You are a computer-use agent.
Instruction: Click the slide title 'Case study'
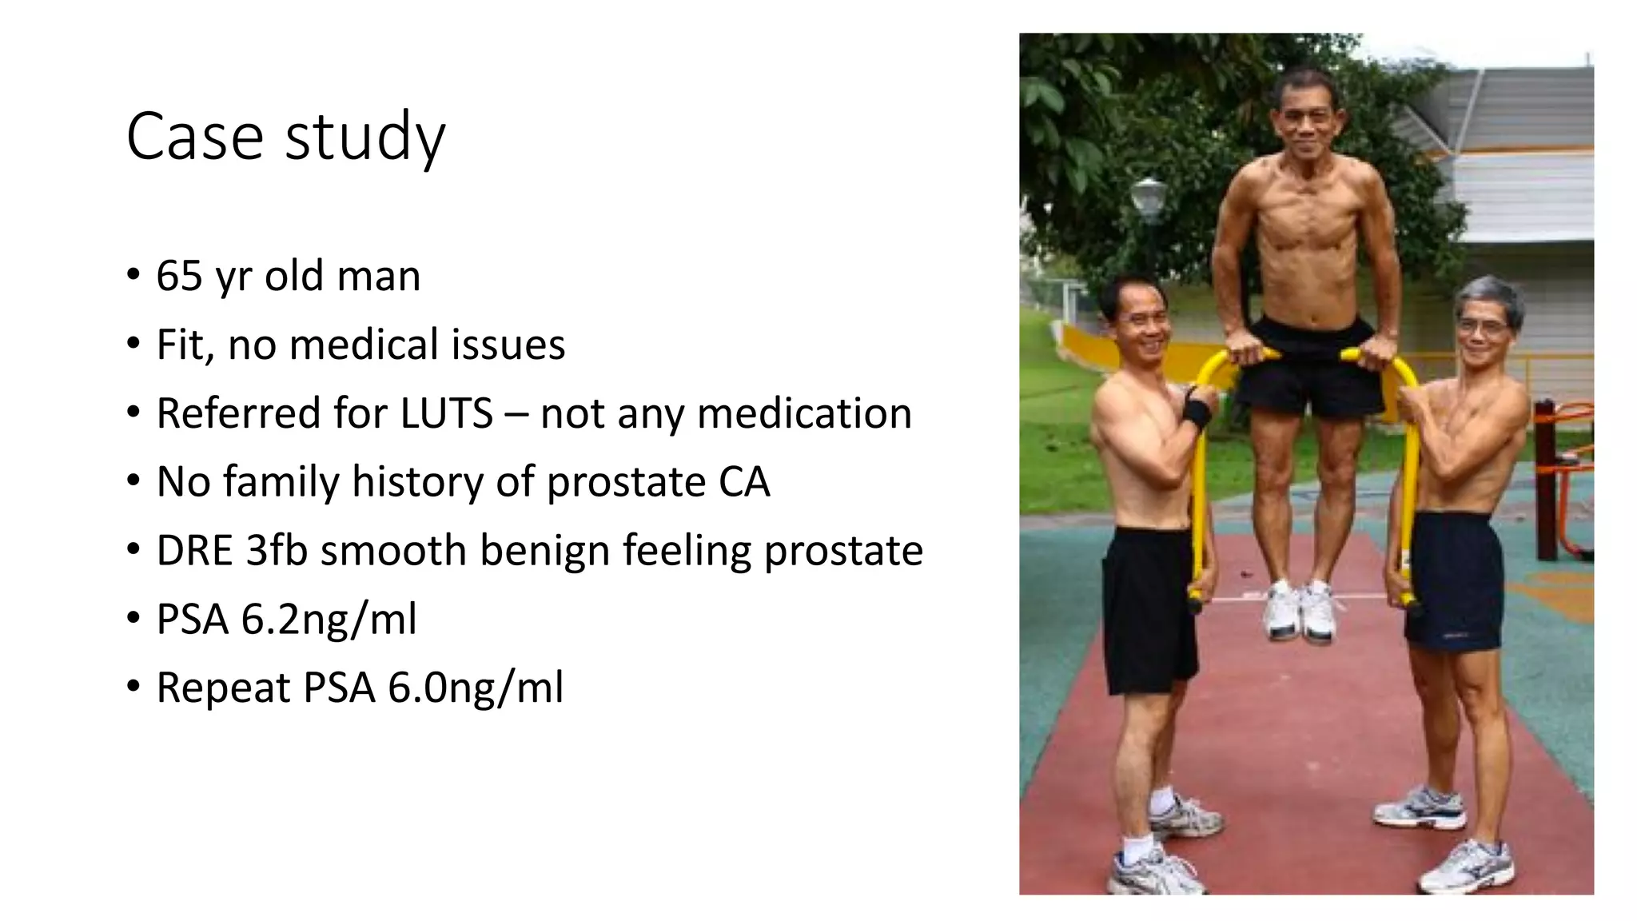pyautogui.click(x=285, y=137)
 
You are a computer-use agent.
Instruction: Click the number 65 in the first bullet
pyautogui.click(x=179, y=276)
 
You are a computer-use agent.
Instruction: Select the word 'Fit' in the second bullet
pyautogui.click(x=183, y=345)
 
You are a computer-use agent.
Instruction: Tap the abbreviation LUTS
pyautogui.click(x=447, y=413)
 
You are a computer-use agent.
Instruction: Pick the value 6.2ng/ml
pyautogui.click(x=329, y=620)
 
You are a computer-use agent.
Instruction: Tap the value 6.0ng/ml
pyautogui.click(x=476, y=688)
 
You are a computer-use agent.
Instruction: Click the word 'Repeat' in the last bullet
pyautogui.click(x=223, y=688)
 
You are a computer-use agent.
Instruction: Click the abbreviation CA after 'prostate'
pyautogui.click(x=744, y=482)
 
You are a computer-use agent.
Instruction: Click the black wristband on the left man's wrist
pyautogui.click(x=1197, y=413)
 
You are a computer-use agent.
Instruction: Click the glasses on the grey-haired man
pyautogui.click(x=1482, y=326)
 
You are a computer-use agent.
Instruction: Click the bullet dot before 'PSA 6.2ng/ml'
pyautogui.click(x=133, y=620)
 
